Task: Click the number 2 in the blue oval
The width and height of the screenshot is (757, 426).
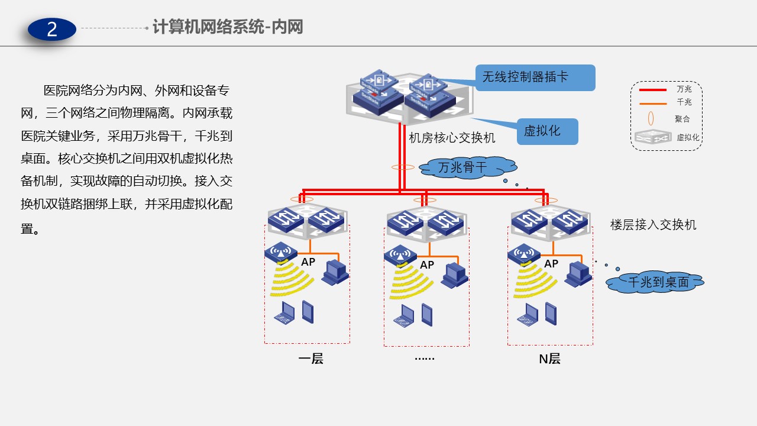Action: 52,29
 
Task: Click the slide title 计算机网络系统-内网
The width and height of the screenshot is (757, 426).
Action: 228,27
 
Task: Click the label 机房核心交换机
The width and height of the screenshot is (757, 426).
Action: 452,138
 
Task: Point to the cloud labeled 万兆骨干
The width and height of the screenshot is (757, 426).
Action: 462,168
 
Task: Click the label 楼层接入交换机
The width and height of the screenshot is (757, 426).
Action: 653,225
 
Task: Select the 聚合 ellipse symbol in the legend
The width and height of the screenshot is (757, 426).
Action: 651,118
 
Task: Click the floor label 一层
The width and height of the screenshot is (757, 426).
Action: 310,359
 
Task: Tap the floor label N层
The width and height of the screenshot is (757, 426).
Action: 549,359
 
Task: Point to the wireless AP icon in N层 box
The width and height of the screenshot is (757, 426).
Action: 523,254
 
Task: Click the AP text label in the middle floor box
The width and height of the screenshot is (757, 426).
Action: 427,265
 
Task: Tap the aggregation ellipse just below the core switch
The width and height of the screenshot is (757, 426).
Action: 403,167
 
